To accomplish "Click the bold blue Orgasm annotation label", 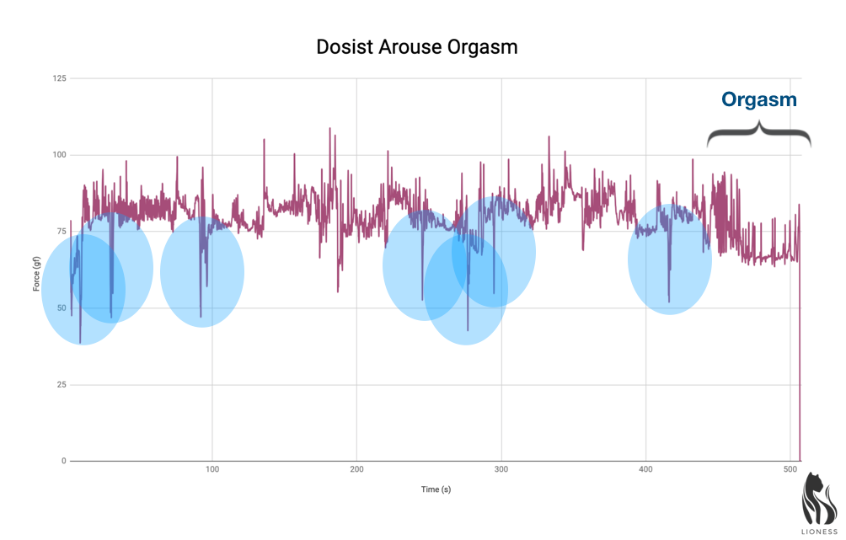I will point(758,99).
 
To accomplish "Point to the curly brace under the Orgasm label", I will point(758,135).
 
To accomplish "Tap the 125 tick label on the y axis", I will point(59,78).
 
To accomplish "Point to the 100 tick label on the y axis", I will point(59,155).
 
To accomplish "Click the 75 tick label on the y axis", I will point(61,232).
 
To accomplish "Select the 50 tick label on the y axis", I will point(61,308).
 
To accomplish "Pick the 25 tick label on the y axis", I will point(61,385).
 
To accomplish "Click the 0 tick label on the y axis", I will point(63,462).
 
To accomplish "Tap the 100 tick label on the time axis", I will point(212,468).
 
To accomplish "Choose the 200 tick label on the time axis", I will point(356,468).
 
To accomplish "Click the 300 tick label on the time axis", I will point(501,468).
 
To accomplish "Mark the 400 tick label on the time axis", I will point(645,468).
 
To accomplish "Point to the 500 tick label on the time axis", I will point(790,468).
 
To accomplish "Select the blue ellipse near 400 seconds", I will point(670,259).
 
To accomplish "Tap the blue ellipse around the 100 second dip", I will point(202,271).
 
